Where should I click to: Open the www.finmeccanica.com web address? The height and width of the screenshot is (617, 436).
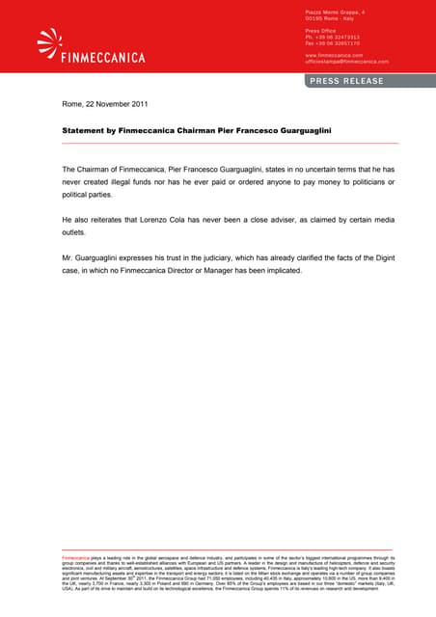335,55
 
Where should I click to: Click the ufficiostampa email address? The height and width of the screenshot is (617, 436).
346,61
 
